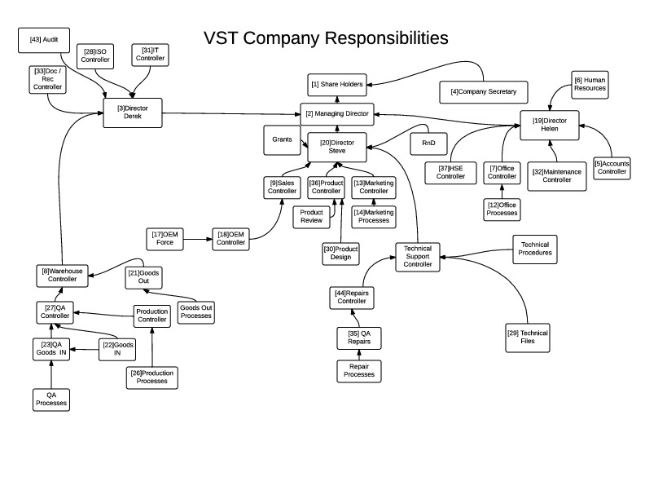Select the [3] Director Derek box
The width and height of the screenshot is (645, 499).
tap(133, 113)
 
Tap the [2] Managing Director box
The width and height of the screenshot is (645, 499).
tap(336, 113)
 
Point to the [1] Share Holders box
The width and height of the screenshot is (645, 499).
tap(336, 83)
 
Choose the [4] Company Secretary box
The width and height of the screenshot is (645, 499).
tap(483, 91)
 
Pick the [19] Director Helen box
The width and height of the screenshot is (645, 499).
tap(550, 126)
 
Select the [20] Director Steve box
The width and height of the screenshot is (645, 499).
tap(337, 147)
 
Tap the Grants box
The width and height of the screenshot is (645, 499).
tap(282, 139)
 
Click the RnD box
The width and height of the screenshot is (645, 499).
tap(428, 143)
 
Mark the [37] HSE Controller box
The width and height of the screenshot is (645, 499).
tap(450, 172)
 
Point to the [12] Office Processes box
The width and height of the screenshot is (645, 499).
tap(502, 209)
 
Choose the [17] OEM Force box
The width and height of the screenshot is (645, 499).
tap(165, 238)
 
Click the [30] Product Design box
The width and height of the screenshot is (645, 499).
tap(340, 253)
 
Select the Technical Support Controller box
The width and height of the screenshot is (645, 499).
tap(418, 257)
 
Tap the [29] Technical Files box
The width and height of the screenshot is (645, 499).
tap(527, 338)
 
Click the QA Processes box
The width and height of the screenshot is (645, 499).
tap(50, 400)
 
